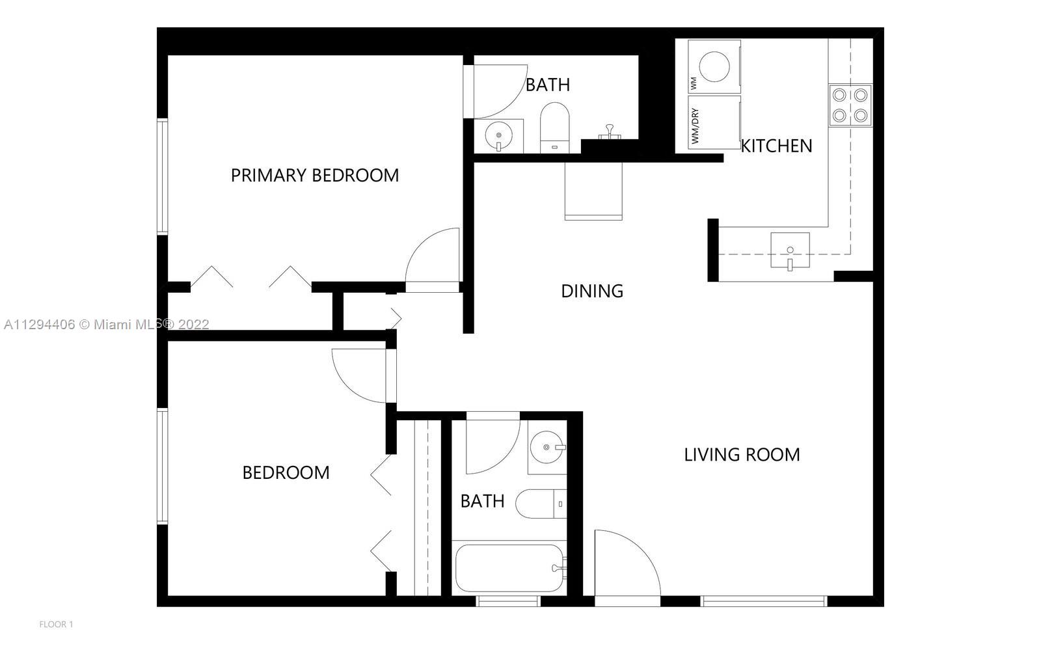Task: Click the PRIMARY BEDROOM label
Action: pyautogui.click(x=315, y=176)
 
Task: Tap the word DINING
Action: pyautogui.click(x=592, y=291)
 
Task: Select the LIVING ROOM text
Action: pyautogui.click(x=742, y=455)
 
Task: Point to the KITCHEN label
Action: pyautogui.click(x=777, y=146)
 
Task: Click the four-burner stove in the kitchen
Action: pyautogui.click(x=850, y=105)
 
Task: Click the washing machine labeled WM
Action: pyautogui.click(x=714, y=66)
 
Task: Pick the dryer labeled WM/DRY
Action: pyautogui.click(x=714, y=123)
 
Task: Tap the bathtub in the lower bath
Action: pyautogui.click(x=508, y=568)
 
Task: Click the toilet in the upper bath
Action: pyautogui.click(x=554, y=126)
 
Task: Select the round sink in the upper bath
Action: pyautogui.click(x=499, y=136)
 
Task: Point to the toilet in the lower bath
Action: pyautogui.click(x=541, y=504)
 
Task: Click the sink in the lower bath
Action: pyautogui.click(x=546, y=448)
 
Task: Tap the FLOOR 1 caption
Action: pyautogui.click(x=56, y=625)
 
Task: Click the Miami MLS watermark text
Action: pyautogui.click(x=106, y=324)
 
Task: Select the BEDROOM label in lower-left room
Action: pyautogui.click(x=286, y=472)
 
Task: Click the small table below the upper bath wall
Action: pyautogui.click(x=593, y=191)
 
